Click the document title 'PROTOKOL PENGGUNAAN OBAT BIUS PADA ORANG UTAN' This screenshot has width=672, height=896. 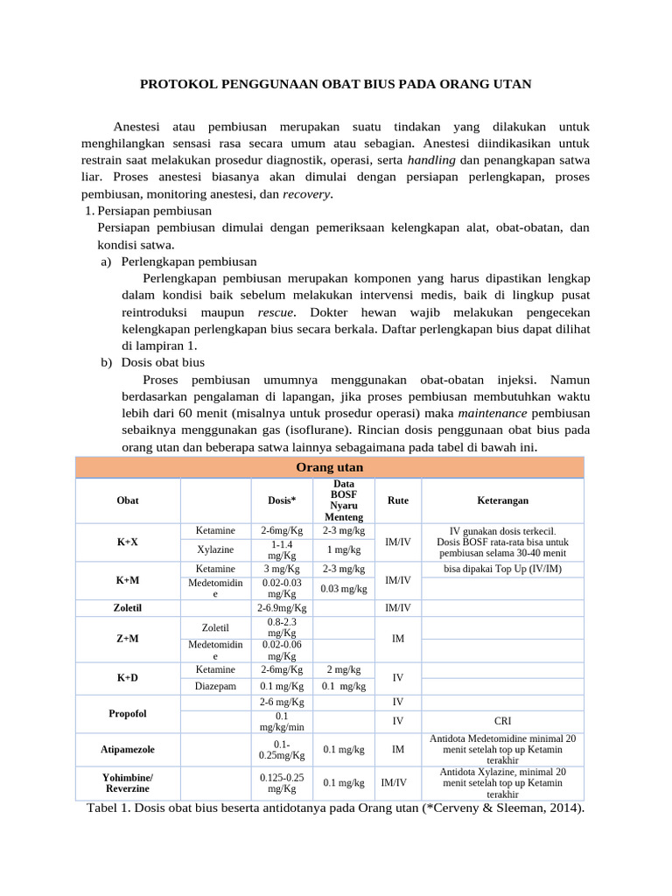[x=336, y=84]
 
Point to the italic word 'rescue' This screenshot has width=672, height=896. [x=276, y=311]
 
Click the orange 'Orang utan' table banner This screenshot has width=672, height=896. [x=330, y=467]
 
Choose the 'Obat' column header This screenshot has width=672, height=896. [x=128, y=500]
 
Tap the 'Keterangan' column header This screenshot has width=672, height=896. [x=501, y=500]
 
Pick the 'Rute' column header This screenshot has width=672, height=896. [x=397, y=500]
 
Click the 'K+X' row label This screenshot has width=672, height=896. [x=128, y=542]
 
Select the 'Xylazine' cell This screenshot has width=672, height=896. [x=215, y=549]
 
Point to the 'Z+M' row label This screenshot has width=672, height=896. [x=128, y=639]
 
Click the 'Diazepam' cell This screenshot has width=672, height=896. [x=215, y=686]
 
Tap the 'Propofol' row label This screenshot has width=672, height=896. [x=128, y=713]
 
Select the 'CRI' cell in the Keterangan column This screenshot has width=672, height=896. [x=501, y=721]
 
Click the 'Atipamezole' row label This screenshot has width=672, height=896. [x=128, y=749]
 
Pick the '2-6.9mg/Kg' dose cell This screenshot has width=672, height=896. [x=281, y=607]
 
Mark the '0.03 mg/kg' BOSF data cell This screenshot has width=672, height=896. [x=343, y=588]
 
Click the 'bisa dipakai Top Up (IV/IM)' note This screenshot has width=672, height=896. [x=501, y=569]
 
